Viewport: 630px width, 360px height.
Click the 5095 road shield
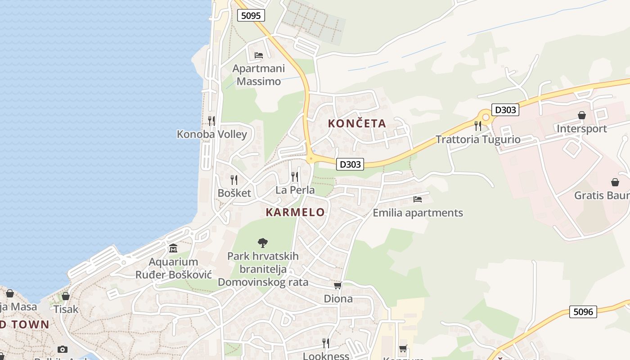tap(251, 16)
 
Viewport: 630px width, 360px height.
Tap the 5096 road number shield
tap(583, 311)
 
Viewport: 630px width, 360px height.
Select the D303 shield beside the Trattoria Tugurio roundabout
tap(505, 109)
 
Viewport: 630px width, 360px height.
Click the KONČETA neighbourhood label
tap(357, 123)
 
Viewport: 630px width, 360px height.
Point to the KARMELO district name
tap(295, 212)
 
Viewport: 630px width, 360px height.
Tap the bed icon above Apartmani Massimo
tap(259, 55)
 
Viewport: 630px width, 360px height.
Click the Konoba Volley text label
tap(212, 134)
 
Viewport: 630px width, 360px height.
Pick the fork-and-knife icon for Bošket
tap(234, 180)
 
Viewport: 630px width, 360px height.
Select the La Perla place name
tap(295, 190)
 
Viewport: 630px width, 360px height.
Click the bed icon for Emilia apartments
tap(418, 199)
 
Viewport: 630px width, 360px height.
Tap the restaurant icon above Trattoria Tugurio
tap(478, 126)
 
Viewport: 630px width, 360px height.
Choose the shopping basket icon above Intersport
tap(582, 116)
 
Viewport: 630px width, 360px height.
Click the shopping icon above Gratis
tap(615, 182)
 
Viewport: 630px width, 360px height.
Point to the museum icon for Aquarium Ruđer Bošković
tap(173, 248)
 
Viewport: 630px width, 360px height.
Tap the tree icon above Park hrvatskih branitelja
tap(263, 243)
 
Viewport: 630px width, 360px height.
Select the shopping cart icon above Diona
tap(338, 285)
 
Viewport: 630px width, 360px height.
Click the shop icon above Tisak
tap(66, 296)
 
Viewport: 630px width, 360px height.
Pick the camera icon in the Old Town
tap(63, 349)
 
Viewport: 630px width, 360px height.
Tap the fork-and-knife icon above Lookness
tap(325, 343)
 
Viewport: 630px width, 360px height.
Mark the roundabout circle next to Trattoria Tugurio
tap(486, 117)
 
